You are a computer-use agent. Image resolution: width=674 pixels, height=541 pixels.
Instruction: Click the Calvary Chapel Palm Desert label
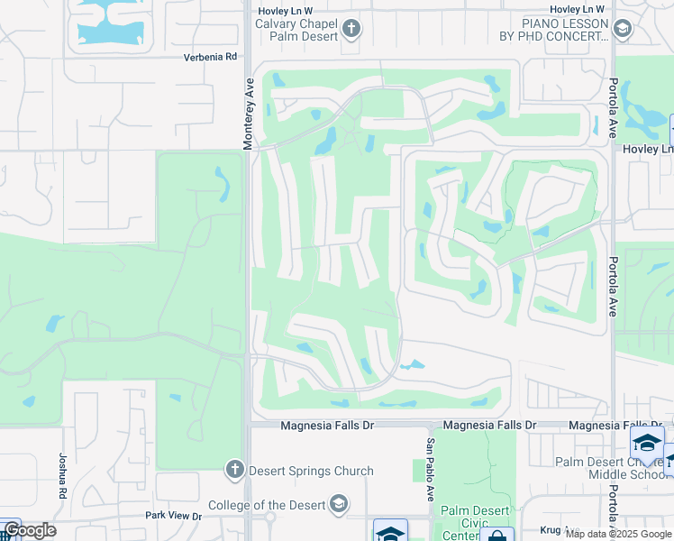tap(296, 30)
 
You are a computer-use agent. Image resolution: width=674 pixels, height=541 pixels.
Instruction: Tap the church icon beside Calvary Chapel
tap(351, 30)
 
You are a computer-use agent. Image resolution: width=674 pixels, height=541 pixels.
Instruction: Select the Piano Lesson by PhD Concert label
tap(554, 29)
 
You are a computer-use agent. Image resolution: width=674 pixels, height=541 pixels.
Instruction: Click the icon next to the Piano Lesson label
tap(621, 30)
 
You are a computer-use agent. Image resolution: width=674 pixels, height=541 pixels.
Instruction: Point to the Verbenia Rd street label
tap(212, 56)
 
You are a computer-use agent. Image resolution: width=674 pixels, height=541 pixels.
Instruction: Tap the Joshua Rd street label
tap(63, 476)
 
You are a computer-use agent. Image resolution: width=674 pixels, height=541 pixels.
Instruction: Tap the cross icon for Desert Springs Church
tap(234, 469)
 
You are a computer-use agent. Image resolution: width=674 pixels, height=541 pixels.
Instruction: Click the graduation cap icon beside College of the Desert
tap(339, 503)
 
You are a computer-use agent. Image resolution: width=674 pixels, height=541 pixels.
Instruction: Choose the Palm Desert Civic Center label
tap(467, 524)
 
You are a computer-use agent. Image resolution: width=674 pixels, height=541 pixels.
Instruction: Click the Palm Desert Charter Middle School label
tap(613, 468)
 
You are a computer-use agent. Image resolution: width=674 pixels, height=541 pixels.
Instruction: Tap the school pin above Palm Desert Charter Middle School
tap(646, 442)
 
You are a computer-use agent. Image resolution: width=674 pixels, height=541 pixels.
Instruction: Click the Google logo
tap(30, 530)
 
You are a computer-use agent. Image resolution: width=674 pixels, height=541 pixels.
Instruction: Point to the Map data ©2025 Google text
tap(617, 534)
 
